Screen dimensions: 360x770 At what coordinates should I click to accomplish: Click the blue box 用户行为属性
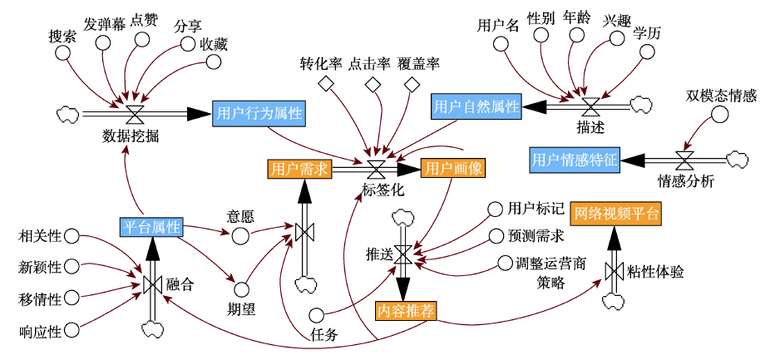(x=259, y=112)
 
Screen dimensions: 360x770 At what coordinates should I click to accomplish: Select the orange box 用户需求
(x=299, y=169)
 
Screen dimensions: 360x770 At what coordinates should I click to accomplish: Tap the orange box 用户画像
(x=452, y=169)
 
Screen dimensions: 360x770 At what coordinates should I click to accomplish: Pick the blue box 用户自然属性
(x=476, y=106)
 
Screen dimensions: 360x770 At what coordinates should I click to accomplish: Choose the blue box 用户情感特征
(x=575, y=159)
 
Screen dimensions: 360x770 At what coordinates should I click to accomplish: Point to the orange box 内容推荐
(x=406, y=311)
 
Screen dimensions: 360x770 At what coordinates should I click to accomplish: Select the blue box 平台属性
(x=151, y=227)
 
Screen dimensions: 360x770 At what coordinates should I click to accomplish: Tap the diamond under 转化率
(x=327, y=84)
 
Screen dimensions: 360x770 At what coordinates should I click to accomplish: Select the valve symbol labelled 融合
(x=152, y=284)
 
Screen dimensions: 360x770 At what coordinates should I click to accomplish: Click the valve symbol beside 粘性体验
(x=615, y=271)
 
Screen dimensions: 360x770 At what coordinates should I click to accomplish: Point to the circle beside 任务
(x=316, y=314)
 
